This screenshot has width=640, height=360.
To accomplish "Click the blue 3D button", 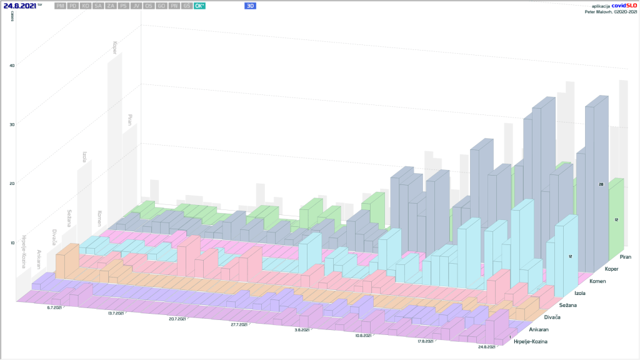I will pyautogui.click(x=251, y=6).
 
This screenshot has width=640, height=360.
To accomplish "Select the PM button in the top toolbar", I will pyautogui.click(x=59, y=6).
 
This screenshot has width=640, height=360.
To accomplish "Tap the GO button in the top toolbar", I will pyautogui.click(x=161, y=6).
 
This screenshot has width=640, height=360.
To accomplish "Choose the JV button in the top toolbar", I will pyautogui.click(x=136, y=6).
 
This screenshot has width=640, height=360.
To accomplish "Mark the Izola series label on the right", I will pyautogui.click(x=582, y=292).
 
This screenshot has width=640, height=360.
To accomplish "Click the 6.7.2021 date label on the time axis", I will pyautogui.click(x=54, y=307).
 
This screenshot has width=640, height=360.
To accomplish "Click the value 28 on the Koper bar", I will pyautogui.click(x=601, y=185).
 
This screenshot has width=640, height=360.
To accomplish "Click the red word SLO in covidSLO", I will pyautogui.click(x=629, y=5).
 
